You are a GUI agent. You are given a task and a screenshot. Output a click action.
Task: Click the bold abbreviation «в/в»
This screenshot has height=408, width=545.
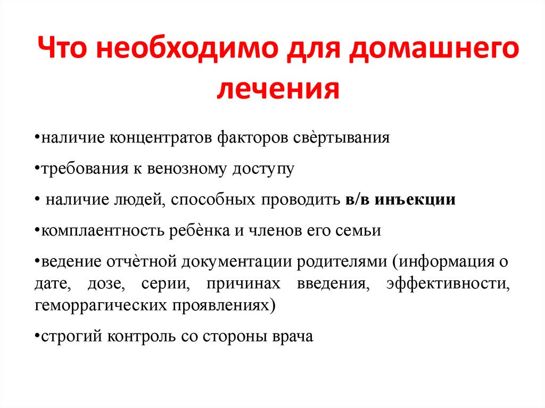pos(357,200)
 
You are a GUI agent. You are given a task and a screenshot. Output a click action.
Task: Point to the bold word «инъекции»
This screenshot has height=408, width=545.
pos(415,201)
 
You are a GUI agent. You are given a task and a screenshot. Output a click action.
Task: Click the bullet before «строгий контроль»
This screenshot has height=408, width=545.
pos(37,337)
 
